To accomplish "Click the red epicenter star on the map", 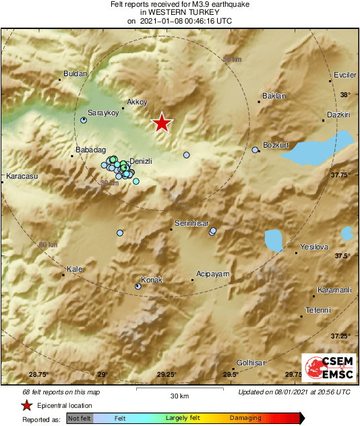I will click(162, 123).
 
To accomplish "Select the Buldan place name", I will click(71, 73).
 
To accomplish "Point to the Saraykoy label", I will click(103, 113).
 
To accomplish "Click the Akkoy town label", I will click(137, 102).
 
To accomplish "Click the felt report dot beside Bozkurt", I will click(255, 150).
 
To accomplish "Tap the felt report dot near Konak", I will click(138, 286).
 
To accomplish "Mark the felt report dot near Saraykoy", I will click(84, 120).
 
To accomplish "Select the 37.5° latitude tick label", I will click(344, 255).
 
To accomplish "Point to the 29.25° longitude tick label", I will click(167, 374).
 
